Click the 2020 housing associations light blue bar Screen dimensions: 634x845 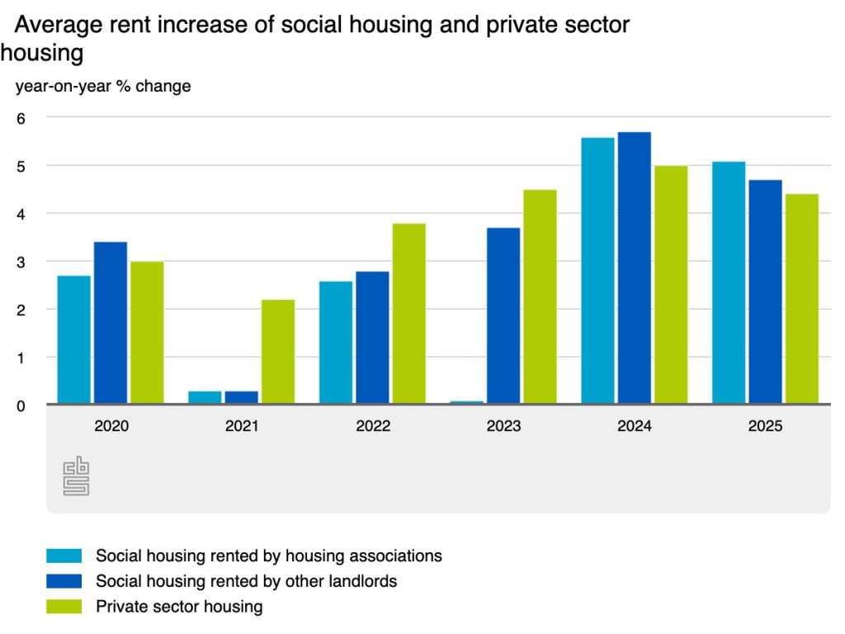tap(73, 339)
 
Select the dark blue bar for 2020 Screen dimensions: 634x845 tap(111, 323)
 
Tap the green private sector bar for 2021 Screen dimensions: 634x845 tap(278, 352)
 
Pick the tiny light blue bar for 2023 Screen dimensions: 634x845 tap(466, 402)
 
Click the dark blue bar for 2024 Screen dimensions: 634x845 tap(634, 268)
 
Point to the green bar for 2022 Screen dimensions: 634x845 tap(408, 314)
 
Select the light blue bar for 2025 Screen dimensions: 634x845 tap(729, 282)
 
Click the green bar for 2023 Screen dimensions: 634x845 tap(540, 297)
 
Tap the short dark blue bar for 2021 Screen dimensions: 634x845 tap(242, 397)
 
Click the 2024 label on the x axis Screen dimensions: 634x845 tap(634, 427)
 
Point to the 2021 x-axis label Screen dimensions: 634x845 tap(242, 427)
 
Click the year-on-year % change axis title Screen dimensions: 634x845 tap(103, 86)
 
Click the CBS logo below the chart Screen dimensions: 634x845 tap(76, 477)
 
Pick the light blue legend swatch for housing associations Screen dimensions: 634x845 tap(64, 556)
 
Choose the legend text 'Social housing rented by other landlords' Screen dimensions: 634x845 tap(246, 581)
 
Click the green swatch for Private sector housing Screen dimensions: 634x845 tap(64, 607)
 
